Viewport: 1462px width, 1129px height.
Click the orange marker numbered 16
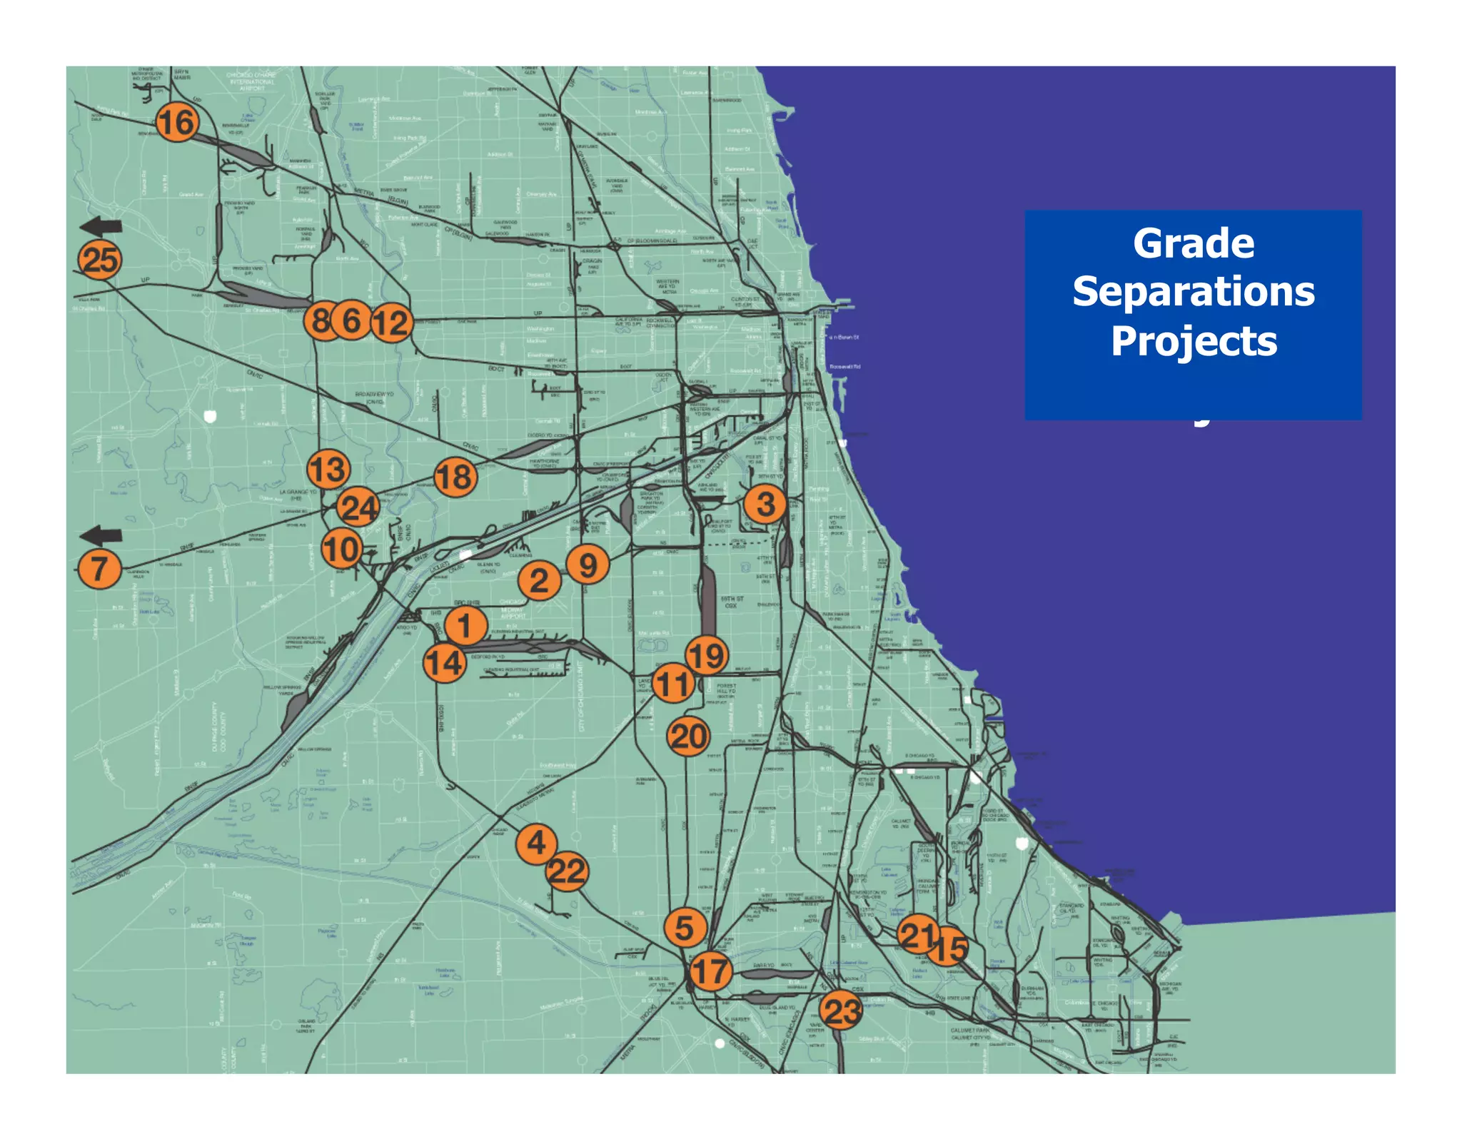click(x=177, y=122)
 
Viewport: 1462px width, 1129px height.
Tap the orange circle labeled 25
click(x=100, y=260)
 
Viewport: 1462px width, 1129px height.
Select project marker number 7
click(x=99, y=569)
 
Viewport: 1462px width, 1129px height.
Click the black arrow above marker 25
click(x=101, y=227)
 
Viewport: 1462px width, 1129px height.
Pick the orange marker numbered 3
click(x=765, y=504)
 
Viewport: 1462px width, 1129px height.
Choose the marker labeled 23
click(x=841, y=1011)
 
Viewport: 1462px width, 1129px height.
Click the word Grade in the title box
click(x=1193, y=243)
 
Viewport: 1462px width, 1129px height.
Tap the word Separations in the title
click(x=1193, y=292)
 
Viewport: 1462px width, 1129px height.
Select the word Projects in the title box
click(x=1193, y=341)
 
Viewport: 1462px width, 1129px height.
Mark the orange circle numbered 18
click(x=455, y=477)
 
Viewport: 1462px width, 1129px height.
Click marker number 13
click(x=328, y=470)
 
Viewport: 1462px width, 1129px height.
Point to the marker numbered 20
click(x=688, y=736)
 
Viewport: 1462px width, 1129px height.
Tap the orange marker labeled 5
click(x=685, y=928)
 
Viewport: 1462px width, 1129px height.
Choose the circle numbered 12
click(x=391, y=323)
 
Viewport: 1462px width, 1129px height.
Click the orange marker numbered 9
click(x=588, y=564)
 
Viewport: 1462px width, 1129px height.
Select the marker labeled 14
click(x=445, y=662)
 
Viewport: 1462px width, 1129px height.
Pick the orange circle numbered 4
click(x=536, y=844)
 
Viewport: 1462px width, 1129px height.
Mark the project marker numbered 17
click(x=710, y=971)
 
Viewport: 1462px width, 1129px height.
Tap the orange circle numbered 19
click(x=707, y=655)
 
